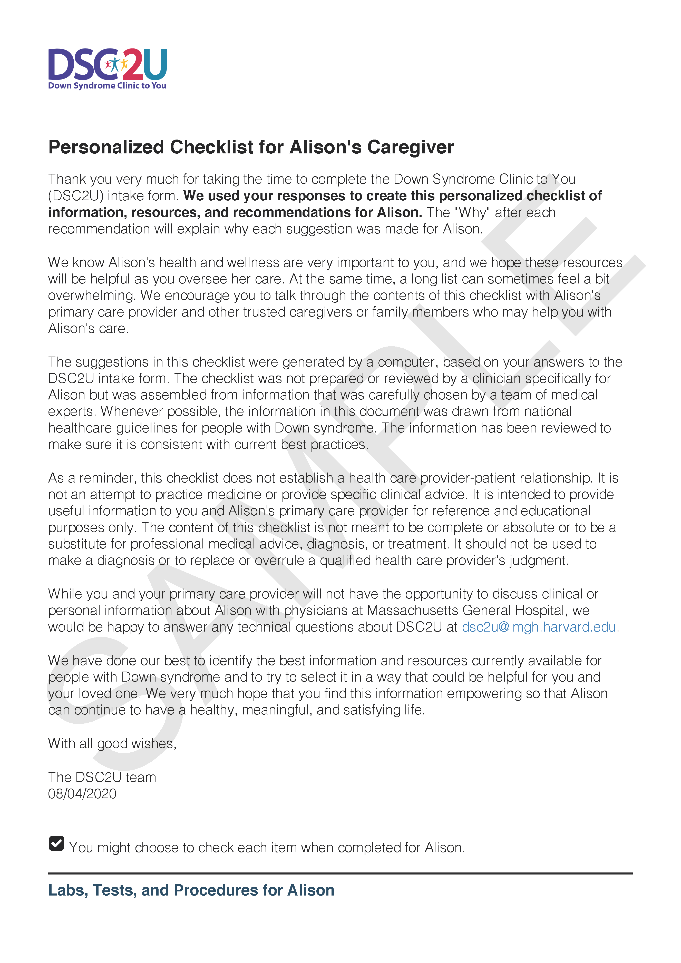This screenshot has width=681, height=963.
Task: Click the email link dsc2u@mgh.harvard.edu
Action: coord(539,627)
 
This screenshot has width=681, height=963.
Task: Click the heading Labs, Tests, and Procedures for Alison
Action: coord(191,890)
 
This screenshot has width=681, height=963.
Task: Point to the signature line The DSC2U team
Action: coord(102,777)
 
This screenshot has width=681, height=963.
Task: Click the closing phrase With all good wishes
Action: coord(112,744)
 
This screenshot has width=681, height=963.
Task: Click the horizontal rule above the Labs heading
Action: coord(340,874)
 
